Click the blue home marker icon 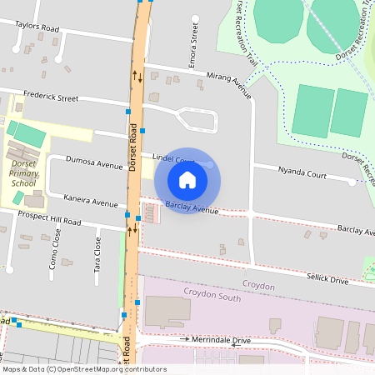(x=187, y=179)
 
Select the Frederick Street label (x=51, y=97)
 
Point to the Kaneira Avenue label (x=91, y=202)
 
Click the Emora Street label (x=193, y=44)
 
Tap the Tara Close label (x=97, y=248)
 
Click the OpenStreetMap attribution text (x=84, y=368)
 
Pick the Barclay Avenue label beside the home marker (x=191, y=207)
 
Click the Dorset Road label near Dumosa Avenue (x=132, y=149)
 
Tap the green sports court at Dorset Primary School (x=30, y=134)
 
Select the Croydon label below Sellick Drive (x=258, y=286)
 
